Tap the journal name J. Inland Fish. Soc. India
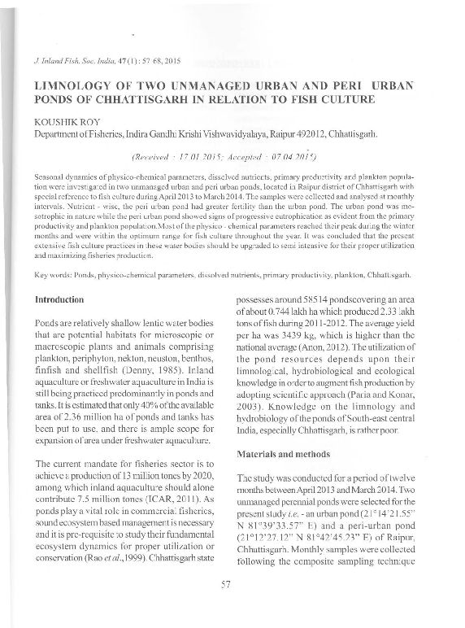pyautogui.click(x=80, y=61)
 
